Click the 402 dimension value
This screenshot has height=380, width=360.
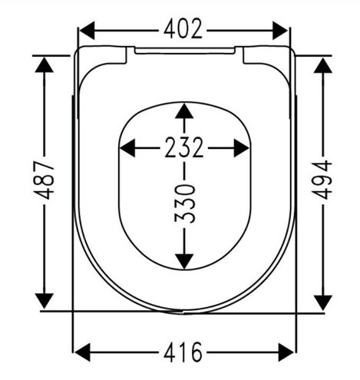(183, 29)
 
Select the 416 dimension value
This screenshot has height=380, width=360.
(183, 352)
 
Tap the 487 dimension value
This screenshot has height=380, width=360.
(45, 180)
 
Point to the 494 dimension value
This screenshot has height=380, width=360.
(322, 180)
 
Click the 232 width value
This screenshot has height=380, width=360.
(184, 147)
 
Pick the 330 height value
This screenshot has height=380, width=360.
(185, 203)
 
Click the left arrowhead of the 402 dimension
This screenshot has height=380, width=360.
(87, 31)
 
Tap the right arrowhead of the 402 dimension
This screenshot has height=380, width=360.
(280, 31)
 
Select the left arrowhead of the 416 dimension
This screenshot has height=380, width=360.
(82, 352)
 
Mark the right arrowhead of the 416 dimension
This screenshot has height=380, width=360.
(286, 352)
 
